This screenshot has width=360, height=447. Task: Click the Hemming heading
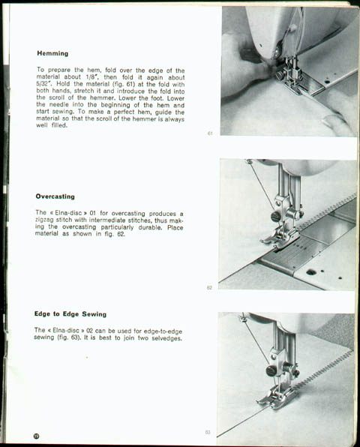52,53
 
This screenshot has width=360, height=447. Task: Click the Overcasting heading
55,196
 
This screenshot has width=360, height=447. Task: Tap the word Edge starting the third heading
42,313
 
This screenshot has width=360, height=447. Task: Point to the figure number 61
210,133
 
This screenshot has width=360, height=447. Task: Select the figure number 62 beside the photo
209,288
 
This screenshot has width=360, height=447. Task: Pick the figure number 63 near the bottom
208,432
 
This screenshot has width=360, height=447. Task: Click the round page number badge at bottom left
37,436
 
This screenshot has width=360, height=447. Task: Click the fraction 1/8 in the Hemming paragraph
91,77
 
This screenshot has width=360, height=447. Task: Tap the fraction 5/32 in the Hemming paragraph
41,84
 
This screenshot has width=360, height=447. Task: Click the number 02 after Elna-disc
90,331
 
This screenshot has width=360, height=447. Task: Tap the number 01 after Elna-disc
93,213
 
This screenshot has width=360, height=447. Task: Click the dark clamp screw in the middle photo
275,217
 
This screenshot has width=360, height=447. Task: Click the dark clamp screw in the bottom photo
270,371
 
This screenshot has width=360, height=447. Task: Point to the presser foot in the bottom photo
276,396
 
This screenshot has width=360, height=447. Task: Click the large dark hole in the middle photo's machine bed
311,272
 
